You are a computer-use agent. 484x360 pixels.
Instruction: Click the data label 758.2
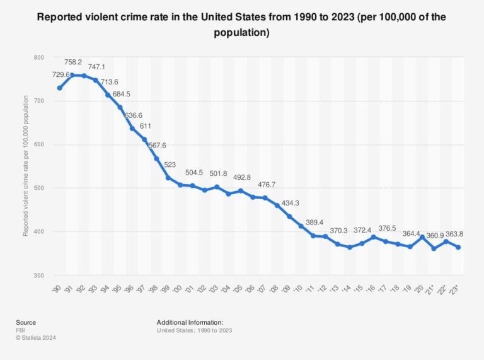coord(73,62)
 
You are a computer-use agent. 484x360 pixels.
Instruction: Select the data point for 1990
coord(60,88)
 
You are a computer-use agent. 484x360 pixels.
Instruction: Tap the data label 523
coord(170,165)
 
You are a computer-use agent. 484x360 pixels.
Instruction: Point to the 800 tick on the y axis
coord(39,57)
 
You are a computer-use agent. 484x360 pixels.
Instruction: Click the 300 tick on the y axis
coord(39,276)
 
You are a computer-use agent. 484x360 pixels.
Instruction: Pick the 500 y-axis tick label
coord(39,189)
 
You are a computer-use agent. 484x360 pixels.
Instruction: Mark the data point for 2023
coord(458,247)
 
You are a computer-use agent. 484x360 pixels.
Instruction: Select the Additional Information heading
coord(190,322)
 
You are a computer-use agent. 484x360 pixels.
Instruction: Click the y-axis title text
coord(26,166)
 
